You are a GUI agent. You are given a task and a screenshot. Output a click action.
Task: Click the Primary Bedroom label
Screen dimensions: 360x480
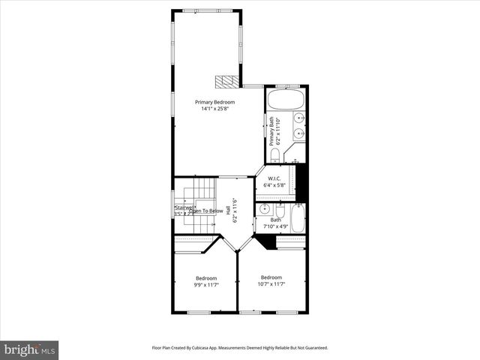(214, 102)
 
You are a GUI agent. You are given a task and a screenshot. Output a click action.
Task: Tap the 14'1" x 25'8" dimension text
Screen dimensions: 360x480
(214, 109)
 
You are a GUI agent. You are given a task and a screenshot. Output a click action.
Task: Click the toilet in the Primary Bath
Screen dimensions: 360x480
(275, 155)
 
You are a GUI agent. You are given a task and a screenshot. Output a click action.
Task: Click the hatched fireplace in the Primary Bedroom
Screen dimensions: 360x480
(225, 81)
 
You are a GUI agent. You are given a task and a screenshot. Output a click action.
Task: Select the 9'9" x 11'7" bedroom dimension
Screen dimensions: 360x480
(206, 285)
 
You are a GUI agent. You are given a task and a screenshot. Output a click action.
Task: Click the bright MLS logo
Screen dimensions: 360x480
(29, 349)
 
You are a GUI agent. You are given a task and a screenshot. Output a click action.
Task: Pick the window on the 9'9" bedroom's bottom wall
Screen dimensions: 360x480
(199, 312)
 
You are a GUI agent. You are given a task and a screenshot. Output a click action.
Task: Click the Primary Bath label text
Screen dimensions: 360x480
(271, 131)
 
